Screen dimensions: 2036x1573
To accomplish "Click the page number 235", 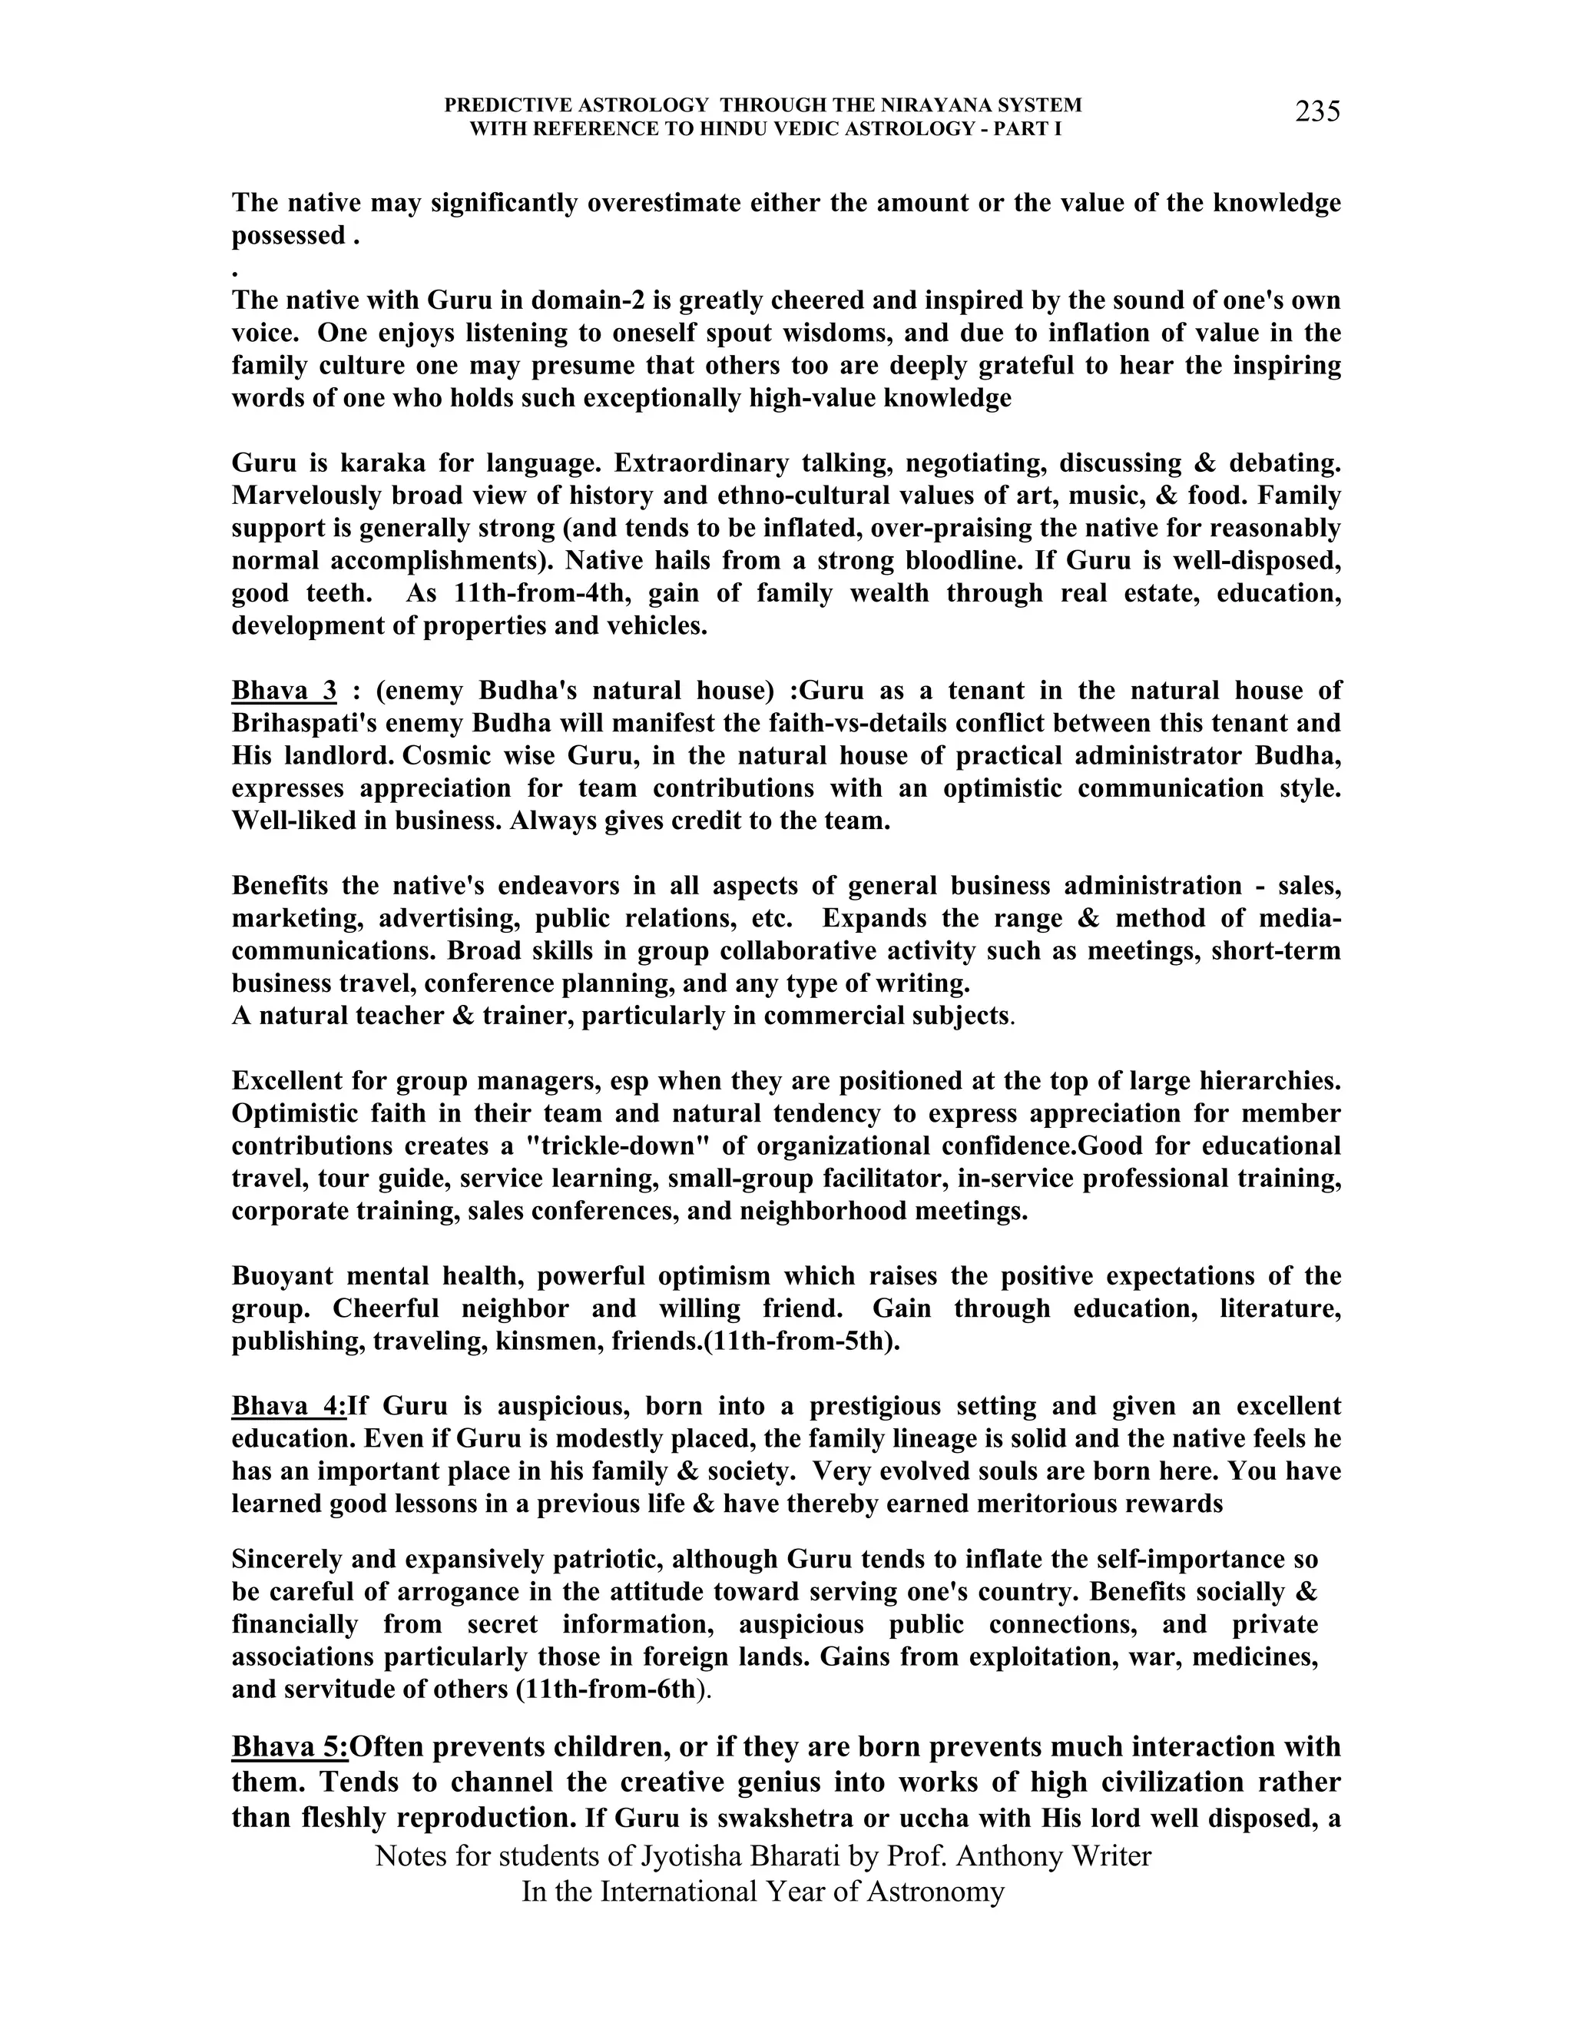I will [x=1316, y=112].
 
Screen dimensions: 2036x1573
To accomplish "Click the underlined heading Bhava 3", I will [x=283, y=691].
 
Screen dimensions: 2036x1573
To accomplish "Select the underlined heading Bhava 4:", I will [x=289, y=1406].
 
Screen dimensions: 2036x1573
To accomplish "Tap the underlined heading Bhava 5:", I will [x=290, y=1746].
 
